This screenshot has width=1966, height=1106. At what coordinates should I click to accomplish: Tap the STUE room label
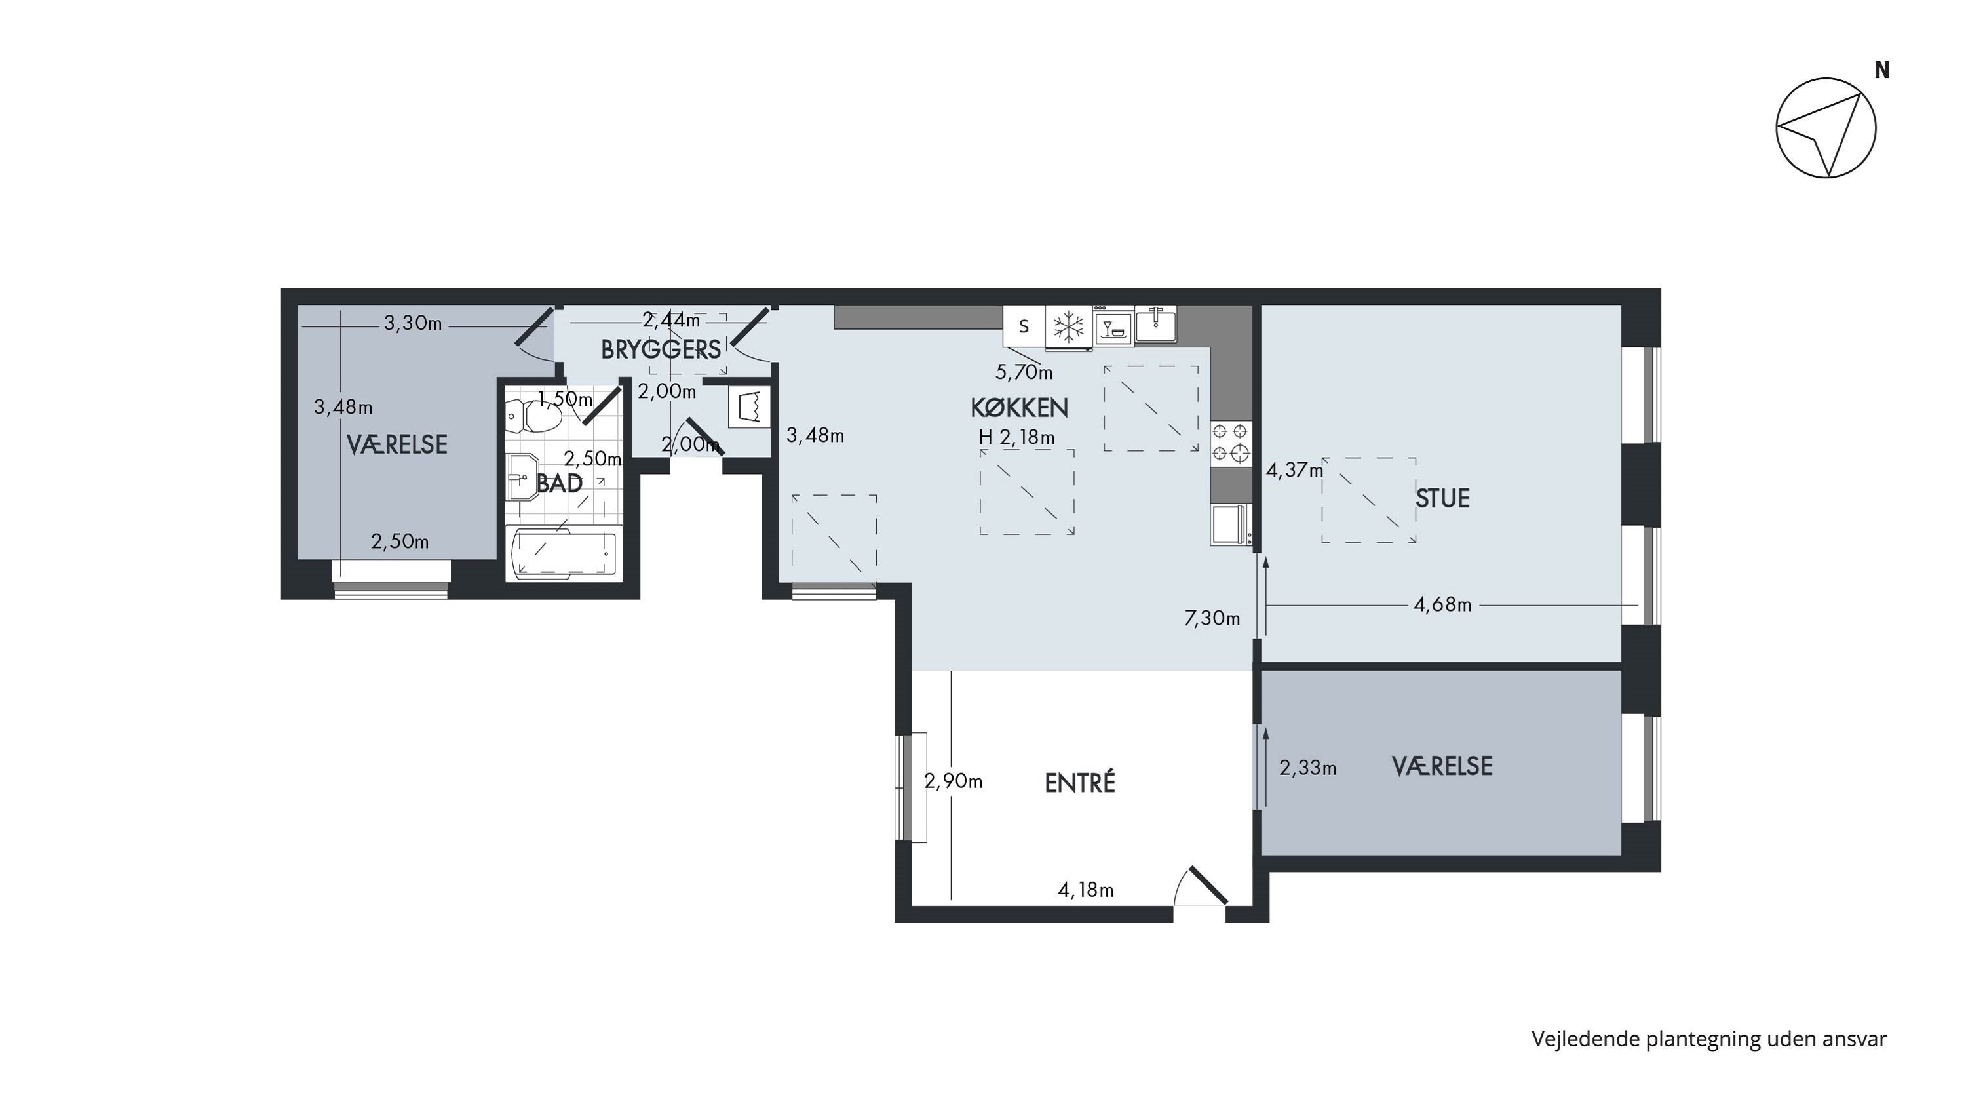(x=1442, y=498)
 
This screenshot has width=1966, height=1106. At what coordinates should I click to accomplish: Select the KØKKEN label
(x=1019, y=408)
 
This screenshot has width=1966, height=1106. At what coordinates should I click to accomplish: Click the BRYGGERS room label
(x=661, y=349)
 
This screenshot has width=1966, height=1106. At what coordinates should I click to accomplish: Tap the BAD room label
(x=560, y=483)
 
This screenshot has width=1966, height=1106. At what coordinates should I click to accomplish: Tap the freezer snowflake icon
(x=1068, y=326)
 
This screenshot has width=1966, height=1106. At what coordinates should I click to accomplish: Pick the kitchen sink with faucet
(x=1155, y=323)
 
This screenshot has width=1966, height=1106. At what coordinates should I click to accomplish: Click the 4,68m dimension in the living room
(x=1442, y=604)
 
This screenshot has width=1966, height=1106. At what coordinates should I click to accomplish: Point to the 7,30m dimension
(x=1212, y=618)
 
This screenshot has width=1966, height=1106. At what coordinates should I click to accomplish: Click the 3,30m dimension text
(x=413, y=324)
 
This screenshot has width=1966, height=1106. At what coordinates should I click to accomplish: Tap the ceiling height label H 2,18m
(x=1016, y=437)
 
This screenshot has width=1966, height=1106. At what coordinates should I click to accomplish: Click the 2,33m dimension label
(x=1307, y=768)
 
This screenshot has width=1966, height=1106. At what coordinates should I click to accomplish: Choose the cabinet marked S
(x=1024, y=326)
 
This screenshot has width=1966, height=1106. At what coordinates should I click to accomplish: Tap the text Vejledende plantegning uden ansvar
(x=1709, y=1039)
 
